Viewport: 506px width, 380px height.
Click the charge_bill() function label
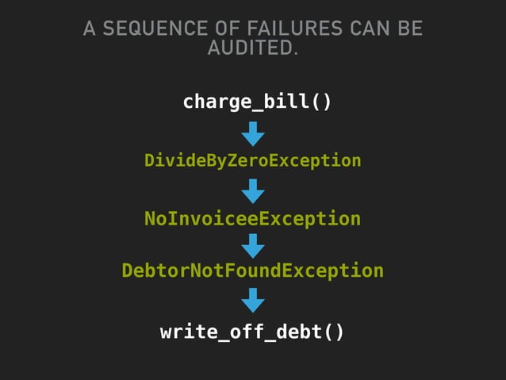pos(257,102)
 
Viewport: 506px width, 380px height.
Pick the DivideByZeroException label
pos(252,161)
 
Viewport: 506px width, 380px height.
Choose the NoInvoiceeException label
pos(252,219)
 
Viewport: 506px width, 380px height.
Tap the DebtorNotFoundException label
pos(252,271)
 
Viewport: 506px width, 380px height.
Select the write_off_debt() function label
pos(252,332)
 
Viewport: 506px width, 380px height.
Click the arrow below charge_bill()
pos(253,133)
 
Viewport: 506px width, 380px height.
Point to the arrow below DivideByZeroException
pos(253,191)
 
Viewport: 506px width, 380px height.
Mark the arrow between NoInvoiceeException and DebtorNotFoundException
pos(253,245)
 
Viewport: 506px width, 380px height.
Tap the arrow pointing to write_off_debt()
pos(253,301)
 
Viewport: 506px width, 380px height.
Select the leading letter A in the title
pos(89,30)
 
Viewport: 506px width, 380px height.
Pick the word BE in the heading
pos(409,30)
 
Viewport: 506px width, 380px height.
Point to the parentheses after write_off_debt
pos(334,332)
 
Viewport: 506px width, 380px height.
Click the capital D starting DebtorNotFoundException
pos(127,271)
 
